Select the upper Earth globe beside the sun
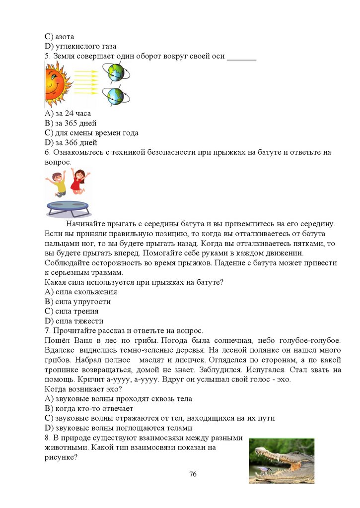116,72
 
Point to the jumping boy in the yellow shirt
58,183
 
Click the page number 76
193,474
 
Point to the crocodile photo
281,460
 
